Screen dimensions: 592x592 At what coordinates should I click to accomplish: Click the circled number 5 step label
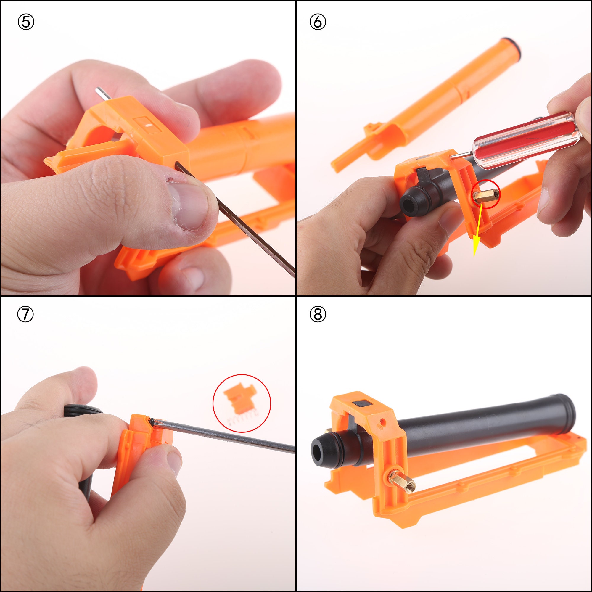(26, 22)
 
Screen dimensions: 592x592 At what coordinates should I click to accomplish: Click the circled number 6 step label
(318, 22)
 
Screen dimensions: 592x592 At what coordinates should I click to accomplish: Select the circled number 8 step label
(318, 314)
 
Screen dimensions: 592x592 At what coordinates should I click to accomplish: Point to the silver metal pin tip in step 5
(99, 91)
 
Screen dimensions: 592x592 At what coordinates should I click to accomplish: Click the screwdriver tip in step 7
(152, 422)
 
